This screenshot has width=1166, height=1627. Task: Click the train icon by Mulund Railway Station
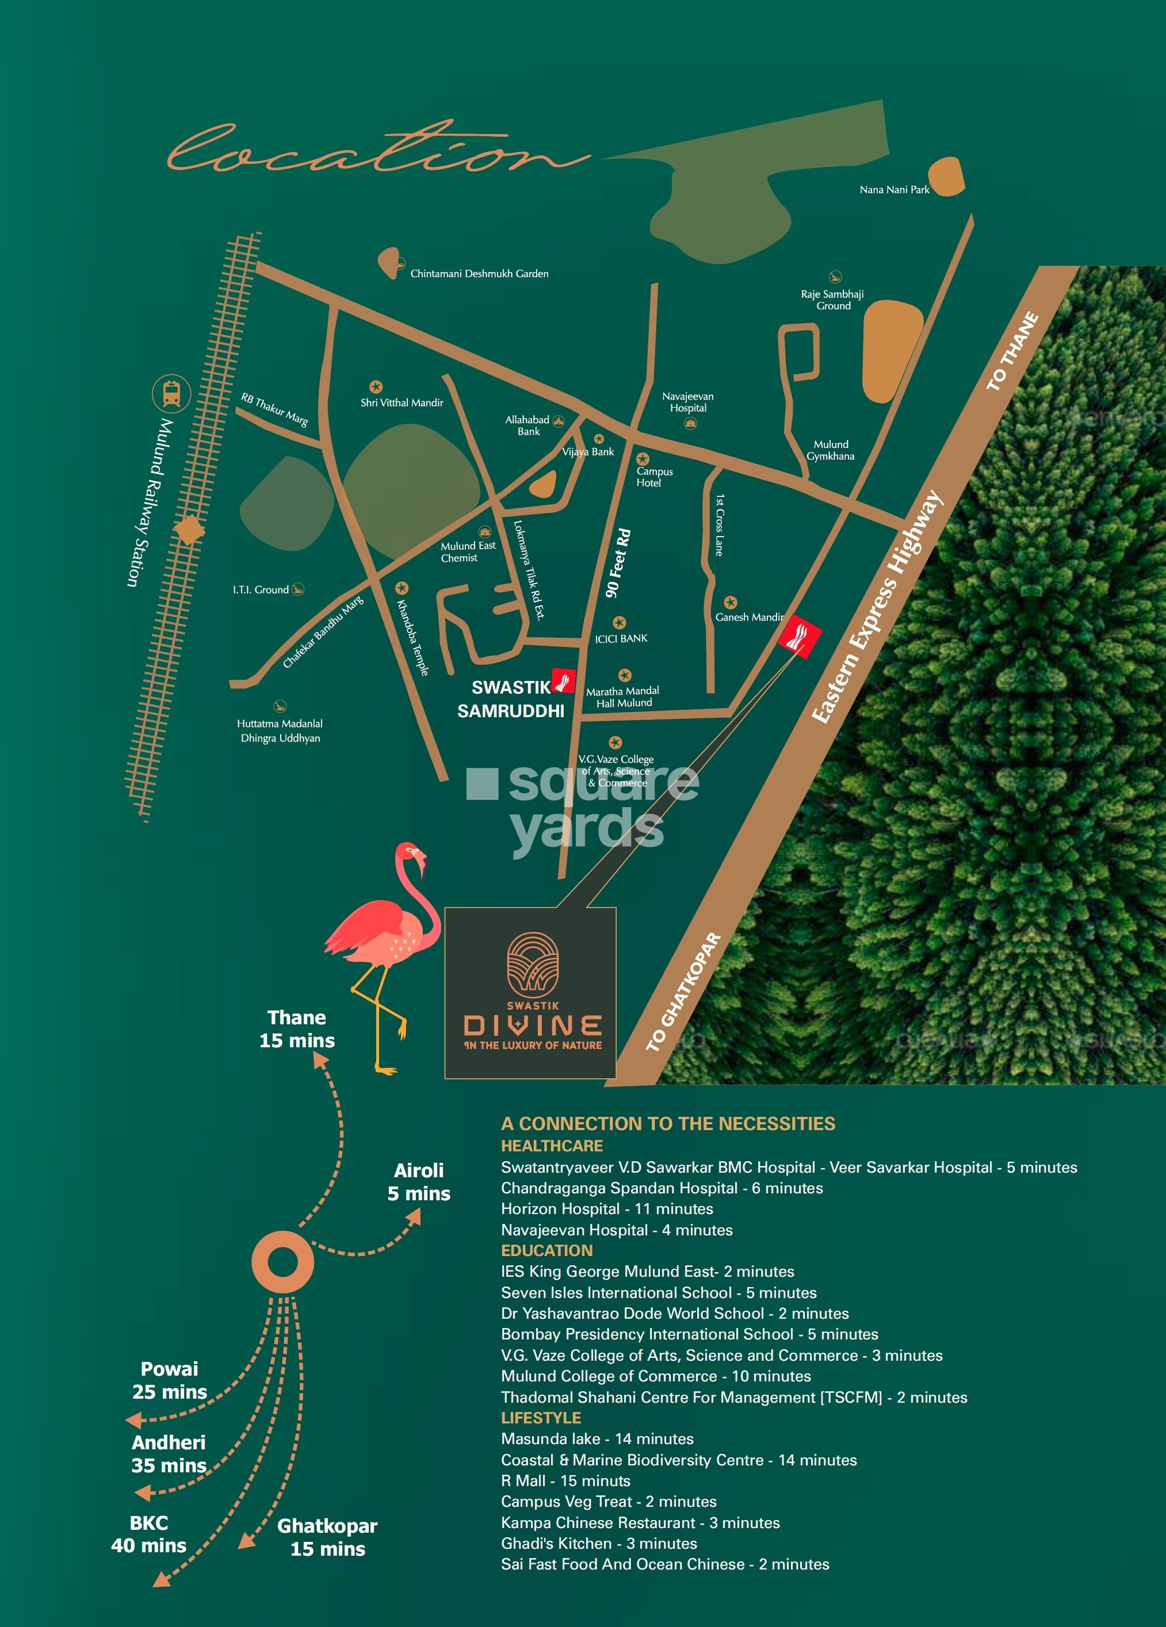[x=171, y=394]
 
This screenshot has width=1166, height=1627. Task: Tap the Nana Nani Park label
[x=894, y=189]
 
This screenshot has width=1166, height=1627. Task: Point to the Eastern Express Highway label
[x=877, y=607]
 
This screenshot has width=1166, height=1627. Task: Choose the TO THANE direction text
[x=1012, y=351]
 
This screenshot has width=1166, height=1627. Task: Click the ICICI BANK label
[x=621, y=638]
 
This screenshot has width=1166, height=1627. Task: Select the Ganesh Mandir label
[x=749, y=617]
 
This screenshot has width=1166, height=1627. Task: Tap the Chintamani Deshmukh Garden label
[x=479, y=273]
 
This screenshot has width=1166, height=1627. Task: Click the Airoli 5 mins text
[x=419, y=1182]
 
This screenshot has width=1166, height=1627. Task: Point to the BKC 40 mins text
[x=148, y=1534]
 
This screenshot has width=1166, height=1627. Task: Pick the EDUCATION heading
[x=547, y=1250]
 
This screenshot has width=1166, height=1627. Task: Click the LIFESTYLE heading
[x=541, y=1418]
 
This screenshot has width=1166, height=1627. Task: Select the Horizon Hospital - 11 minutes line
[x=607, y=1209]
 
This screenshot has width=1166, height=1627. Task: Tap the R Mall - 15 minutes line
[x=565, y=1481]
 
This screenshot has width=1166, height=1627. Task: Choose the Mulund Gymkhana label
[x=830, y=450]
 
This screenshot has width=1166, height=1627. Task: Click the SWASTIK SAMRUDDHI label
[x=511, y=699]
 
